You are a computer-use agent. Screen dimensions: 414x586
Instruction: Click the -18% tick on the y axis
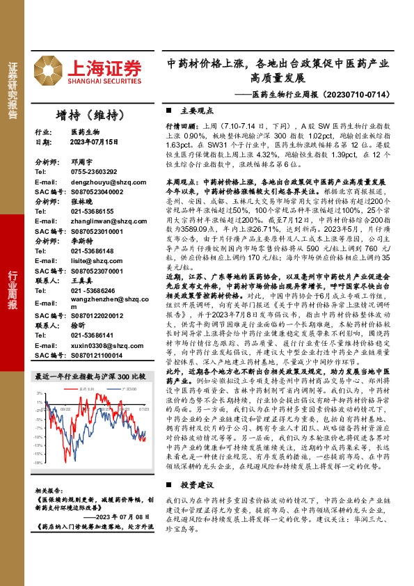[x=38, y=462]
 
